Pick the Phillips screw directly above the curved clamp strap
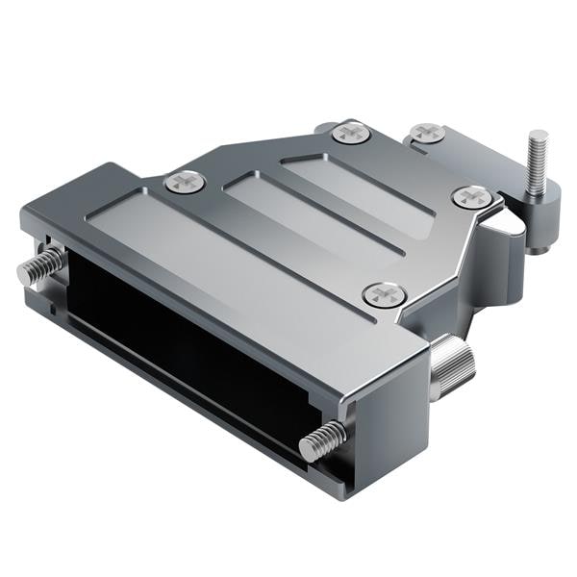click(x=471, y=196)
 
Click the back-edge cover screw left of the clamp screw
click(x=351, y=132)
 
